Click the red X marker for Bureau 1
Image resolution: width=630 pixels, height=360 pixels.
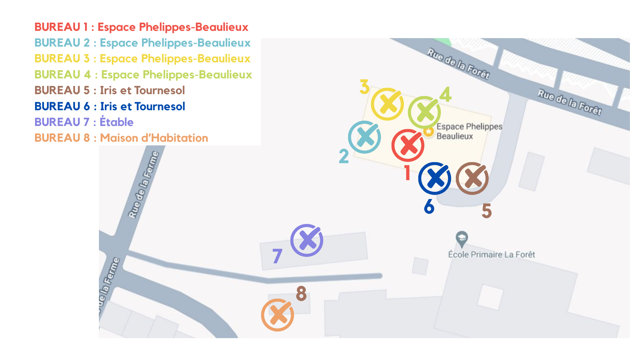click(408, 146)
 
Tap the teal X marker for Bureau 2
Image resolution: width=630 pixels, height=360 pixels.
click(364, 137)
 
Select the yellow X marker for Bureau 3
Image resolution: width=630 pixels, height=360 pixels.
click(387, 104)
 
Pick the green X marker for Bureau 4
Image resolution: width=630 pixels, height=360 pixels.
click(424, 112)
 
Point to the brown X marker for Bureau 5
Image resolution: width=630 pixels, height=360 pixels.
click(472, 179)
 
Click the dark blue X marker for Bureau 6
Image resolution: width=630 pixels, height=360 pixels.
click(435, 179)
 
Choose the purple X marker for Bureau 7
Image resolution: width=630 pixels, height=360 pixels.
click(306, 241)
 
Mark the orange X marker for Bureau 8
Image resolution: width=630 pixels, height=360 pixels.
click(278, 315)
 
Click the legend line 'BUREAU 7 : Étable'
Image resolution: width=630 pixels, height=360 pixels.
click(84, 122)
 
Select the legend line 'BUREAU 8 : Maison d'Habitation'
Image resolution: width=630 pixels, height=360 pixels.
click(121, 138)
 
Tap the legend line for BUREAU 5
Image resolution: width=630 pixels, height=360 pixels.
click(110, 90)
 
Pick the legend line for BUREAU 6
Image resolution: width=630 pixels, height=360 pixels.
click(110, 106)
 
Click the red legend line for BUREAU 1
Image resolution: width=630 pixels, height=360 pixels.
click(141, 27)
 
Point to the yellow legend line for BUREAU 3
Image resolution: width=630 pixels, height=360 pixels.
click(142, 59)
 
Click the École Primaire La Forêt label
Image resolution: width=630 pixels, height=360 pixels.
click(491, 254)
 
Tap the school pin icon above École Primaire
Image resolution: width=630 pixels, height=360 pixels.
click(462, 238)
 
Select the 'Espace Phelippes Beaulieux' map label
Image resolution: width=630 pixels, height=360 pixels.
click(469, 131)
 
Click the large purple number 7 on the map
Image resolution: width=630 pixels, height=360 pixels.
click(277, 256)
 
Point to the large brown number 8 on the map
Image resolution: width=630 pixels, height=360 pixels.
click(301, 293)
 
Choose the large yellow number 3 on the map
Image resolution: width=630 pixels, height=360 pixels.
click(364, 87)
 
